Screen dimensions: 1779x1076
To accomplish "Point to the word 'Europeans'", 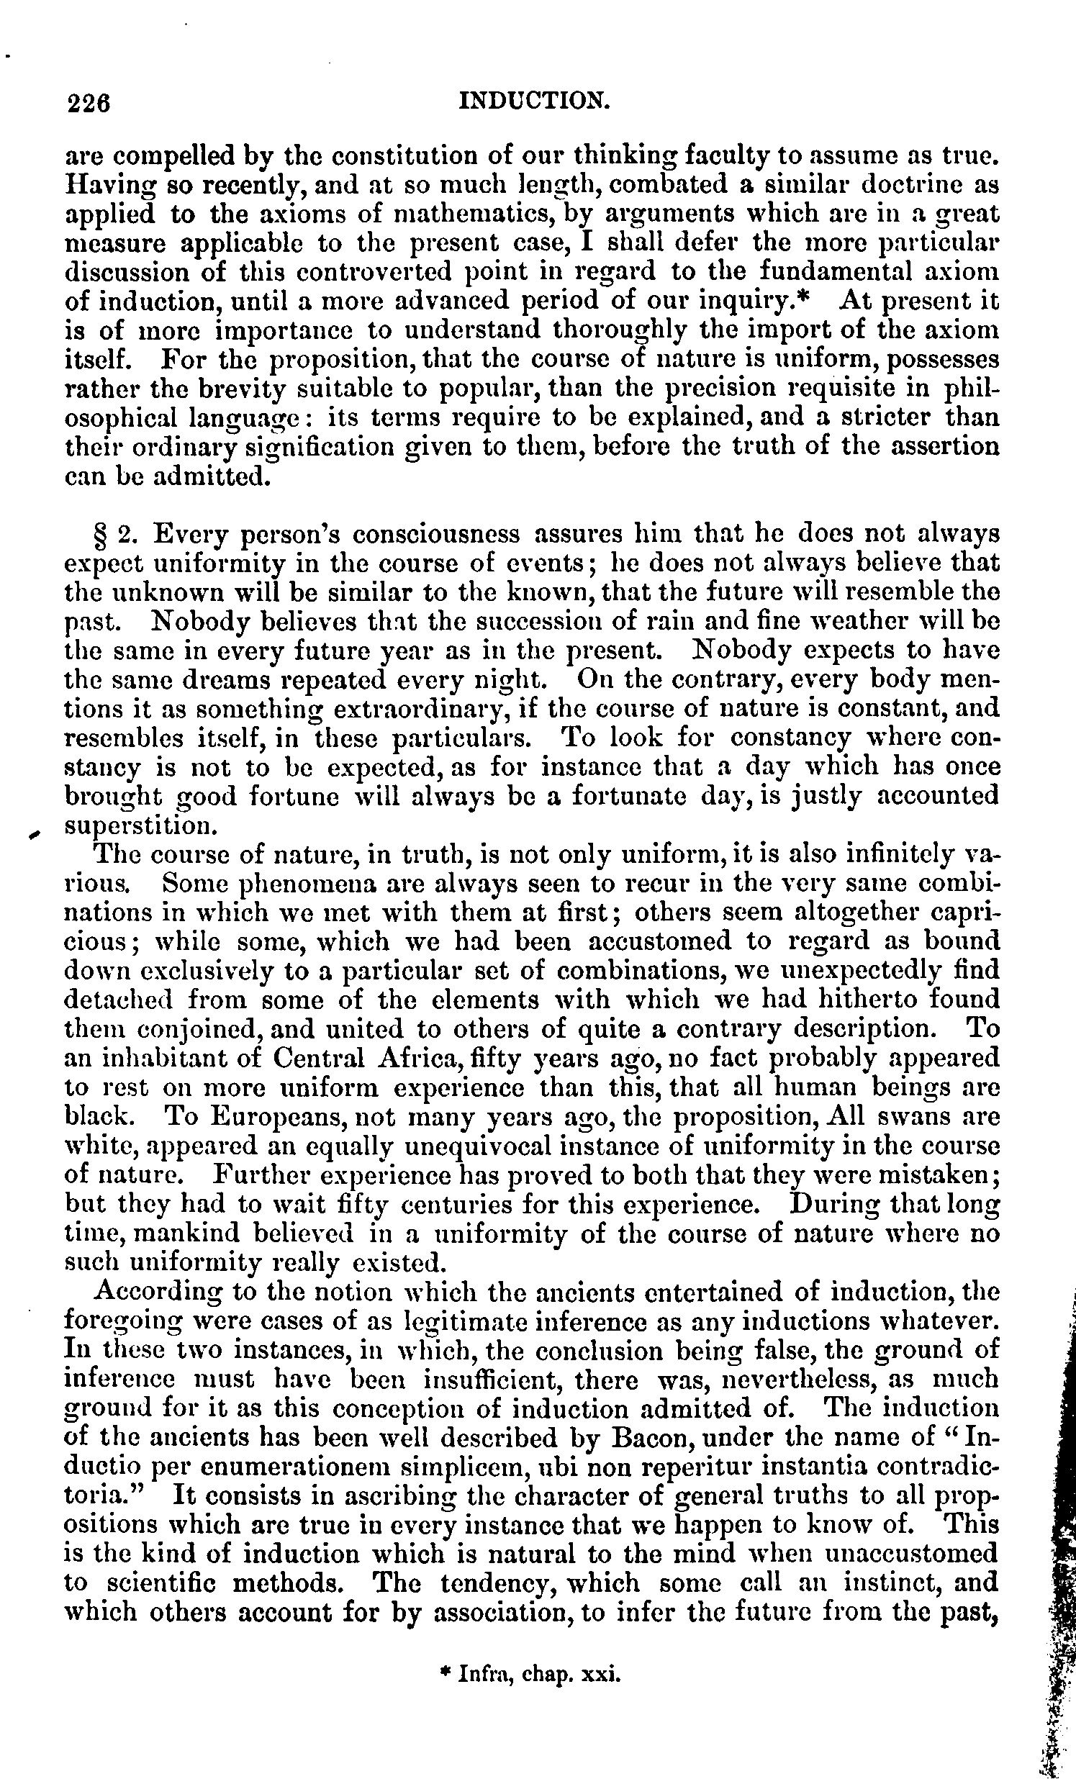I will [261, 1118].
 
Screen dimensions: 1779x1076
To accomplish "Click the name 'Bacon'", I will [652, 1439].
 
